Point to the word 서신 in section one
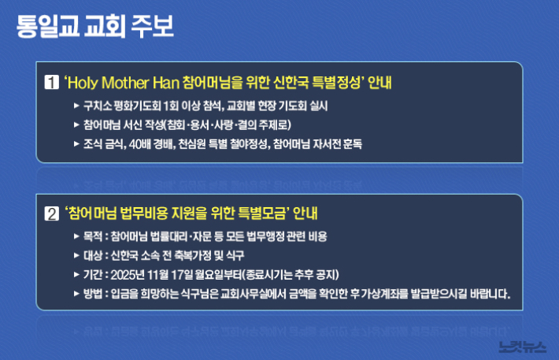(138, 124)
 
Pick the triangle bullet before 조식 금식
(76, 144)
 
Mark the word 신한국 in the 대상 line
(127, 256)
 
